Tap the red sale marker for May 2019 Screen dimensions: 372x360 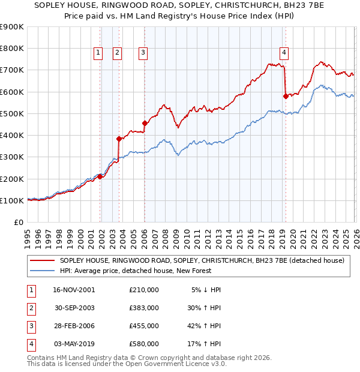286,96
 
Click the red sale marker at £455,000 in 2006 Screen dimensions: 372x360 145,123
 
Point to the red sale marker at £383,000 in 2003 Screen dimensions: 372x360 119,139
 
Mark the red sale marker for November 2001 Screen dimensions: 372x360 100,176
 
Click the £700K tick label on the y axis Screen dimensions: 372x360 12,70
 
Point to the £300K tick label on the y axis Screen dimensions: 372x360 12,157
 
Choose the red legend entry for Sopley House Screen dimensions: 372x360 201,261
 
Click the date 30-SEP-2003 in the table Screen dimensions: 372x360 75,308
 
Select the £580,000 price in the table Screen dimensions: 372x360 143,344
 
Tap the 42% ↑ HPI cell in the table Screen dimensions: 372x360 203,326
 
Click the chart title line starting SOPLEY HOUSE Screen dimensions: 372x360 180,7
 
